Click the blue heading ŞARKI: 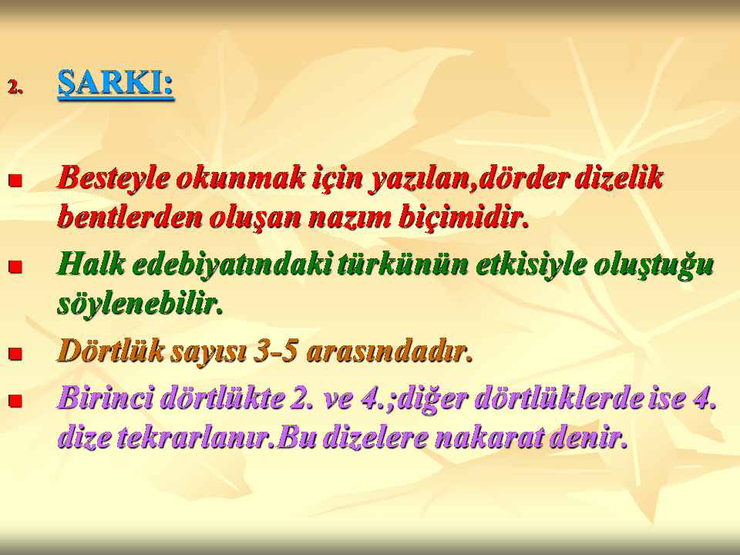pos(116,84)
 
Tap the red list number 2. pos(15,87)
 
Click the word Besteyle pos(113,178)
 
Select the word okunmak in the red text pos(240,177)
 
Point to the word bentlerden pos(129,217)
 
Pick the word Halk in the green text pos(92,264)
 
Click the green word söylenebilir pos(140,304)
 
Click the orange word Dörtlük pos(111,351)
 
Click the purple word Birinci pos(106,398)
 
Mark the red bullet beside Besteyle pos(15,180)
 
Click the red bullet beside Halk pos(15,267)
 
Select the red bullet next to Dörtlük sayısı pos(15,354)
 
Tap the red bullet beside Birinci pos(15,401)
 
